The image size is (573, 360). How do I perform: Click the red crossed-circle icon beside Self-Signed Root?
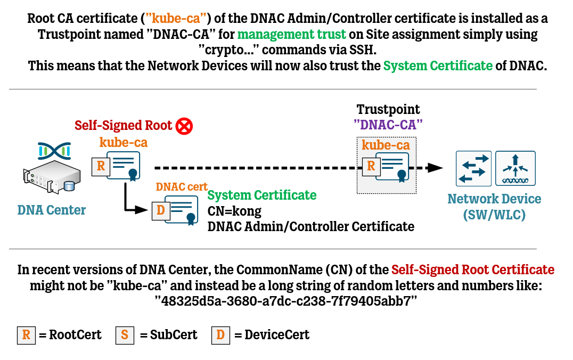(x=184, y=126)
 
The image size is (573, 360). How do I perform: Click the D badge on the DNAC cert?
(x=160, y=210)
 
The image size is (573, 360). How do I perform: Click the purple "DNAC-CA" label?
(x=388, y=126)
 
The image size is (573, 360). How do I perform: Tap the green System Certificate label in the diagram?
(x=262, y=195)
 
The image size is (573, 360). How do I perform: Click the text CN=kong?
(x=234, y=211)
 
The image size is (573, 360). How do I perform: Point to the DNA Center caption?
(x=52, y=210)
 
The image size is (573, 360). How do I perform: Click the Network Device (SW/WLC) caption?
(x=494, y=207)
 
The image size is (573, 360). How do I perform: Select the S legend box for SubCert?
(x=125, y=335)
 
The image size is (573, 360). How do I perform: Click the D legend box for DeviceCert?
(x=220, y=335)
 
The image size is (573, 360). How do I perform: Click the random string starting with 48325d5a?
(x=286, y=301)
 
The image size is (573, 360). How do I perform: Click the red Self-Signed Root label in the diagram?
(x=124, y=126)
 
